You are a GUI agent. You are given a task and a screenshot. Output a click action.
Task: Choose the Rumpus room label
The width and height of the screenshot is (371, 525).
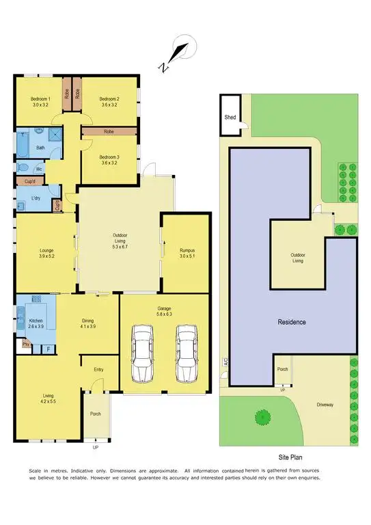[187, 250]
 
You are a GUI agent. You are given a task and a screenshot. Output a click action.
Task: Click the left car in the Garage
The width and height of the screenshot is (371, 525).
[143, 353]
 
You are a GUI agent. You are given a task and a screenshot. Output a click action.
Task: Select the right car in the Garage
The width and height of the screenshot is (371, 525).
[186, 353]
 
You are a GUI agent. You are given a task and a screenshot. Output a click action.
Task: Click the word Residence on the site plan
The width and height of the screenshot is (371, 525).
[291, 321]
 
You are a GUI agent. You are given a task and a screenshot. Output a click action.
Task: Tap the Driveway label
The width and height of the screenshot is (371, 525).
[325, 405]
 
